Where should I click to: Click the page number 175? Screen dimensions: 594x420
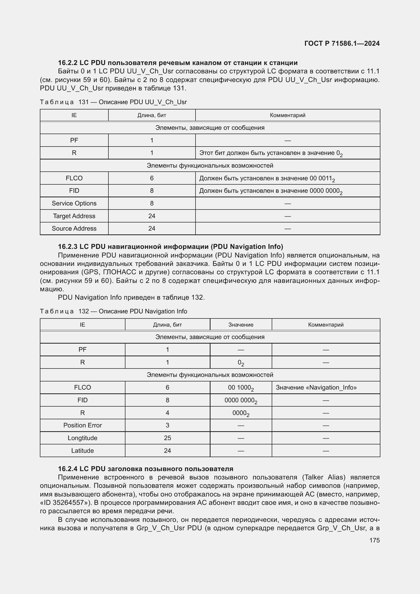point(374,540)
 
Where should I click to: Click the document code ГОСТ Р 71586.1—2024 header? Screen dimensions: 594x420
point(342,43)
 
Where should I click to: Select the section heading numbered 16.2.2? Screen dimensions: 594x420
point(177,63)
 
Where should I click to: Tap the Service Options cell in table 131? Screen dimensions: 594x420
point(74,203)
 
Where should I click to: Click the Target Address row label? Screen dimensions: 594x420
point(74,216)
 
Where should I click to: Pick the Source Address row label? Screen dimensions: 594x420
point(74,229)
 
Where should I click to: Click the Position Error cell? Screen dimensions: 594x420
point(83,425)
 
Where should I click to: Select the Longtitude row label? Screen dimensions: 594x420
point(83,438)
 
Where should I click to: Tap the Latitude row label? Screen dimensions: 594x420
point(83,451)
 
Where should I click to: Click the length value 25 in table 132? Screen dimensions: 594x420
point(167,438)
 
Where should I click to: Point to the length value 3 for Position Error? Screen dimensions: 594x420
point(167,425)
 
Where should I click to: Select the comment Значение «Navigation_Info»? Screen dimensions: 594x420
point(316,388)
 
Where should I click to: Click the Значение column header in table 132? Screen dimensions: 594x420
point(240,325)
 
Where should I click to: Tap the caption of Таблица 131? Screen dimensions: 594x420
point(113,102)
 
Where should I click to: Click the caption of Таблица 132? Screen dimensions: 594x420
point(113,311)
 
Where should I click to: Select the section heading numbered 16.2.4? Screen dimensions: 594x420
point(145,469)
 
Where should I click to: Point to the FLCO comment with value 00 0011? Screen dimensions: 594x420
point(267,179)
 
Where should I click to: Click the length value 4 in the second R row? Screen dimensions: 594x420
point(167,413)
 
